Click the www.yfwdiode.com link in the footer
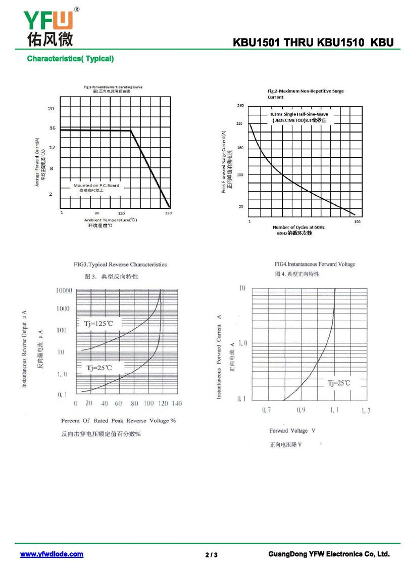[x=52, y=554]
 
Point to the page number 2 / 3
[x=212, y=555]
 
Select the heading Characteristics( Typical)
[x=70, y=59]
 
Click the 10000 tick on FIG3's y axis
[x=64, y=290]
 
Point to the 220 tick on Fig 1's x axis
[x=168, y=213]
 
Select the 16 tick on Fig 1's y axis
[x=52, y=128]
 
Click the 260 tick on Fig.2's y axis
[x=240, y=106]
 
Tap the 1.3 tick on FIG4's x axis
[x=366, y=411]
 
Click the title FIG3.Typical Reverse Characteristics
[x=120, y=264]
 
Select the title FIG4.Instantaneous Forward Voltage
[x=315, y=264]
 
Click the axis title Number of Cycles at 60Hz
[x=299, y=228]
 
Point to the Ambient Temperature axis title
[x=110, y=220]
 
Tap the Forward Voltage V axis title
[x=292, y=431]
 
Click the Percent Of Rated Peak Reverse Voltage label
[x=118, y=421]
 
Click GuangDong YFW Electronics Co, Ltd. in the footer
[x=329, y=554]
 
